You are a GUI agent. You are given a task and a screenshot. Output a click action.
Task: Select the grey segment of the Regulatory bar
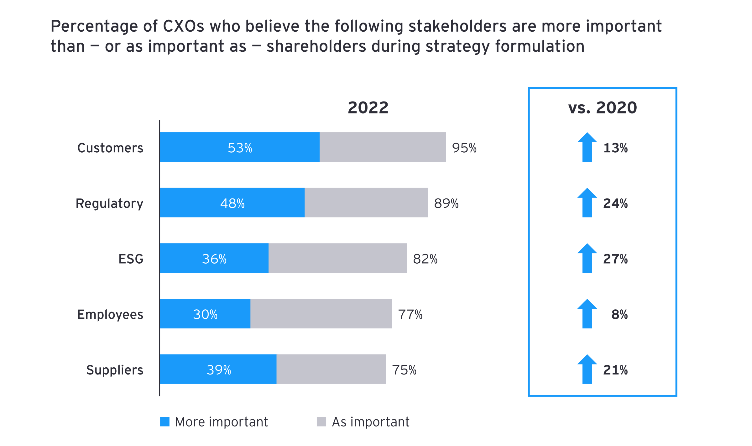click(366, 202)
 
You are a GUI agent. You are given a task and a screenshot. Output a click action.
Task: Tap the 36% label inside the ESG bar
click(214, 259)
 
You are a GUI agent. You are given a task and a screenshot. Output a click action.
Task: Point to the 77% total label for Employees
click(410, 314)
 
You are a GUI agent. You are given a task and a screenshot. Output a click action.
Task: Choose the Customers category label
click(110, 148)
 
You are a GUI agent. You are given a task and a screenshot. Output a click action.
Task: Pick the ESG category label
click(131, 259)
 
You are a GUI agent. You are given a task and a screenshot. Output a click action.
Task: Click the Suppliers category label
click(115, 370)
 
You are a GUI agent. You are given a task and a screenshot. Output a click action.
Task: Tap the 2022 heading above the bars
click(368, 108)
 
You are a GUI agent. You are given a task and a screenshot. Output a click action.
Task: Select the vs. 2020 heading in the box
click(602, 108)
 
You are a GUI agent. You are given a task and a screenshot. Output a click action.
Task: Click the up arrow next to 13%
click(587, 147)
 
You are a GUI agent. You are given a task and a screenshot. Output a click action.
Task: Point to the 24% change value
click(615, 203)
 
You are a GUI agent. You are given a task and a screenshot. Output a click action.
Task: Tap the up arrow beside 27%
click(587, 258)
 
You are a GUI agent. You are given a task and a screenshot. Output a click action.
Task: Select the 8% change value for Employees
click(619, 314)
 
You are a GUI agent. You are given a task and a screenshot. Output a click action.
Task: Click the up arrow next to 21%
click(587, 369)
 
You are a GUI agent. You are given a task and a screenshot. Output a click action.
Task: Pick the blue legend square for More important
click(165, 422)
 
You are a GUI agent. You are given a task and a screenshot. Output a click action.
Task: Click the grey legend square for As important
click(321, 422)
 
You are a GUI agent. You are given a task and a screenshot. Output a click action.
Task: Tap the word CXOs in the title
click(183, 26)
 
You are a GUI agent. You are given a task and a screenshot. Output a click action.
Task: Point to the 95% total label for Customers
click(464, 148)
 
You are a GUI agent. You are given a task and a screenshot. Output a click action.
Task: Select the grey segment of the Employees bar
click(321, 313)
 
